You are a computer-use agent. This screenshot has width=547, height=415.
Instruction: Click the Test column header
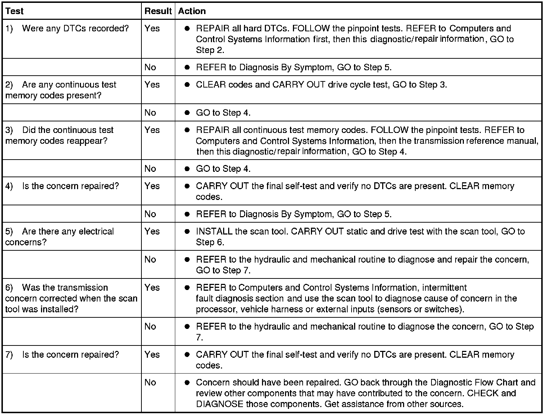[x=14, y=11]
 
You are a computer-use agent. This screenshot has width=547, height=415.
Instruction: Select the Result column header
[x=158, y=11]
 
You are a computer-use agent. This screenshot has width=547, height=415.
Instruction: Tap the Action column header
[x=192, y=11]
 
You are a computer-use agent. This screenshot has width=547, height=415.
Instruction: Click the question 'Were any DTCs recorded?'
[x=75, y=28]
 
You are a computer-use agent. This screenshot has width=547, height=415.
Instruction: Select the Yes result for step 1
[x=152, y=28]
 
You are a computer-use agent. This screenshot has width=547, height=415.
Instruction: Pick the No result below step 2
[x=150, y=113]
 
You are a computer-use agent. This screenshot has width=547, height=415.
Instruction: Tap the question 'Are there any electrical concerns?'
[x=60, y=237]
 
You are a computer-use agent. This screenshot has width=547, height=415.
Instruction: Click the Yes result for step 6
[x=152, y=287]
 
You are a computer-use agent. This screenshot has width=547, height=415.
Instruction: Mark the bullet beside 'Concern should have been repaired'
[x=187, y=383]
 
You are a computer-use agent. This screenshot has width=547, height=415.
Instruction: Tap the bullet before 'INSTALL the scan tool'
[x=187, y=232]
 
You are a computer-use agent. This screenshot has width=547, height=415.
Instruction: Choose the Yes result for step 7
[x=152, y=354]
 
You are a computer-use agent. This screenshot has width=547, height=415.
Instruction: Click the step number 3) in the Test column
[x=9, y=130]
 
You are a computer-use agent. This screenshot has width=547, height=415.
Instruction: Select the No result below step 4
[x=150, y=214]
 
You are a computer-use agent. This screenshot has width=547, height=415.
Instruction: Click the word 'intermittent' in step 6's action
[x=444, y=287]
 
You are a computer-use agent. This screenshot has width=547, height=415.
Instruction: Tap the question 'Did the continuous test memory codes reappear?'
[x=60, y=135]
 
